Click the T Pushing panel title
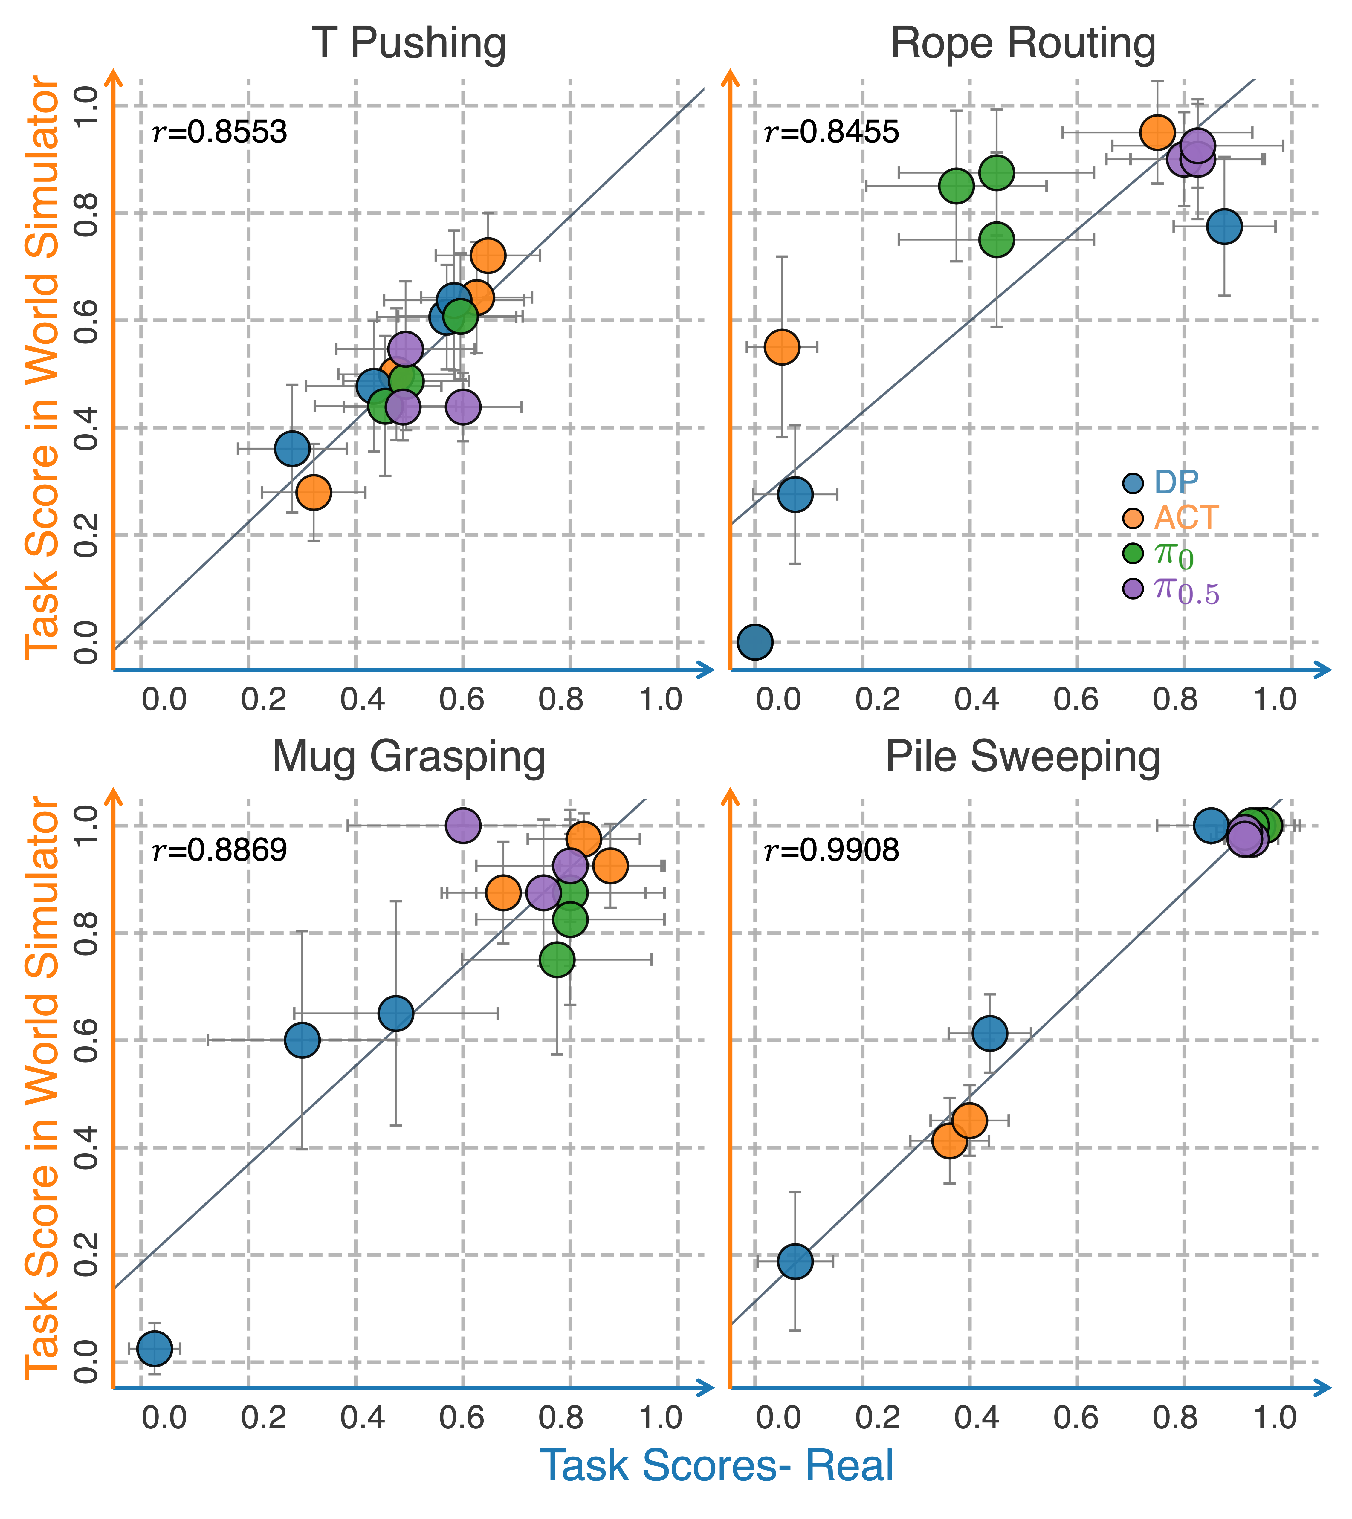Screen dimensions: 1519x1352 (x=409, y=43)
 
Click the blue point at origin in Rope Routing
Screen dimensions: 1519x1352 (x=755, y=641)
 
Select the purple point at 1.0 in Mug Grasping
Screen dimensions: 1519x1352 (x=463, y=825)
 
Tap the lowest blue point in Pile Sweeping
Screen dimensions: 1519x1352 (x=795, y=1261)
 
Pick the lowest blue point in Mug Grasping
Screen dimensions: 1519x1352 (x=155, y=1348)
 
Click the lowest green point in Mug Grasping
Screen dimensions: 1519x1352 (x=557, y=959)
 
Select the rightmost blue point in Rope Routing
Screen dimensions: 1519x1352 (x=1224, y=226)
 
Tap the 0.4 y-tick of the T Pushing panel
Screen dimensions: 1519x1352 (x=88, y=428)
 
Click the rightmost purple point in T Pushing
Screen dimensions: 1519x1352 (x=463, y=407)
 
